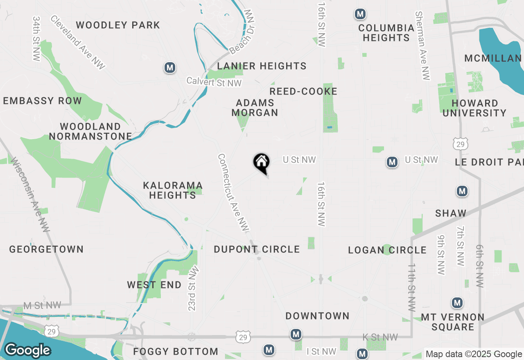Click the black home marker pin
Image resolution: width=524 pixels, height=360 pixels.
[261, 162]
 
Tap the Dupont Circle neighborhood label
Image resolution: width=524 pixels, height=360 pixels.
[257, 249]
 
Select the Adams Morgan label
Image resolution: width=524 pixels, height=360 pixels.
[255, 108]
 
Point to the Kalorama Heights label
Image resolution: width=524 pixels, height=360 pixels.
[173, 190]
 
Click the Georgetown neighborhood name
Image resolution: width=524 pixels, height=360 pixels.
[46, 249]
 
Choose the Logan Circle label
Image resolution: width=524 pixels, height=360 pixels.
[387, 250]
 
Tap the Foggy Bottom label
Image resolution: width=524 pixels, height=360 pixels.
[176, 351]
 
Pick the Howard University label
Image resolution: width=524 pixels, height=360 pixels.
[474, 108]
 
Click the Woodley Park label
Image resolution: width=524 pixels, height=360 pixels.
[118, 25]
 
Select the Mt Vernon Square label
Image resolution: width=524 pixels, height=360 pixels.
[453, 322]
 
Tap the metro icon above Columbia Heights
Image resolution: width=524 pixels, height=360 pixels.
[360, 14]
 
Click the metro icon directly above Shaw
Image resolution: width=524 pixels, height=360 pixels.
[462, 191]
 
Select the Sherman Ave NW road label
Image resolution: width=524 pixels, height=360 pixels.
[423, 45]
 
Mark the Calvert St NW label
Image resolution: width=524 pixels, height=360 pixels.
[214, 82]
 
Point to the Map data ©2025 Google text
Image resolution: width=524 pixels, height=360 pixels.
[474, 354]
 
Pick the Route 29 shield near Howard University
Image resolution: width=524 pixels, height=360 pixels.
[460, 144]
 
